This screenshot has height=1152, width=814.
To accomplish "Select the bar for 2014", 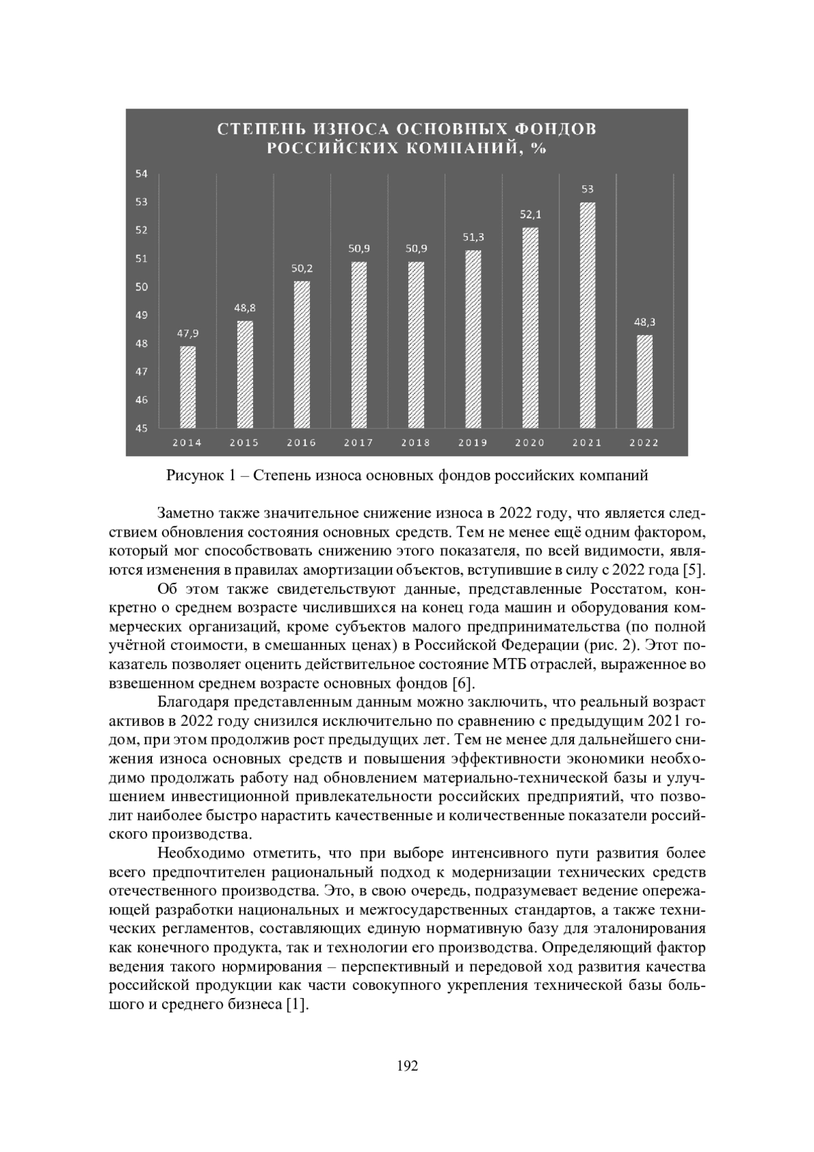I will click(187, 387).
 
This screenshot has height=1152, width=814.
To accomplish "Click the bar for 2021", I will click(587, 315).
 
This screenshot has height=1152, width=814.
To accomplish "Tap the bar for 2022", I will click(644, 381).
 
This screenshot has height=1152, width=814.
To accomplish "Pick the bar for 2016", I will click(301, 354).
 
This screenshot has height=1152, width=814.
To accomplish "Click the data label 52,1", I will click(530, 215).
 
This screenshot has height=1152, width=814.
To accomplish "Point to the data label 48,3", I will click(644, 322).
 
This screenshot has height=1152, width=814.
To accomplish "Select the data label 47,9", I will click(187, 333).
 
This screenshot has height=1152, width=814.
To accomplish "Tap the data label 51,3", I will click(473, 237).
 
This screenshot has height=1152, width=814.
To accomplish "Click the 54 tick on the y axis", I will click(142, 174).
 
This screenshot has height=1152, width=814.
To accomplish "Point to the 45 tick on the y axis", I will click(142, 428).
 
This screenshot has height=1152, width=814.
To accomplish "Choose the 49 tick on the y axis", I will click(142, 315).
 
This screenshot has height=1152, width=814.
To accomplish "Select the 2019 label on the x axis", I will click(473, 443).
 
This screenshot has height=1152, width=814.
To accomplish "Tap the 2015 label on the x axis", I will click(244, 443).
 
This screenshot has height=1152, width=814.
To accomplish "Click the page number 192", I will click(407, 1066).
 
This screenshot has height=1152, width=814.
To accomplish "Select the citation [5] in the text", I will click(695, 568).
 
